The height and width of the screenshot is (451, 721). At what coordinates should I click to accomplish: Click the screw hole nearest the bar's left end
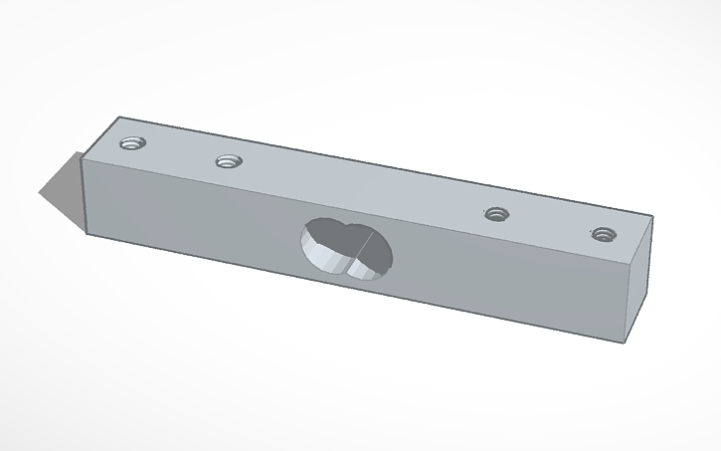131,143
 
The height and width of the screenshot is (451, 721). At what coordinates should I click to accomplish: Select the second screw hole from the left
229,160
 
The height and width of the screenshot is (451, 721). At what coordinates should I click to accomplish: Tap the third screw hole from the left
494,213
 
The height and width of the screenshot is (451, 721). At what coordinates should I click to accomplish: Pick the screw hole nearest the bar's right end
600,234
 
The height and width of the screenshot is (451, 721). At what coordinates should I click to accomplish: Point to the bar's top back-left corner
118,115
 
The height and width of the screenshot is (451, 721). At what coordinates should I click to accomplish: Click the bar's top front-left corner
84,157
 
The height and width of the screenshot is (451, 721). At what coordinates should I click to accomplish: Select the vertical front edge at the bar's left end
85,197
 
